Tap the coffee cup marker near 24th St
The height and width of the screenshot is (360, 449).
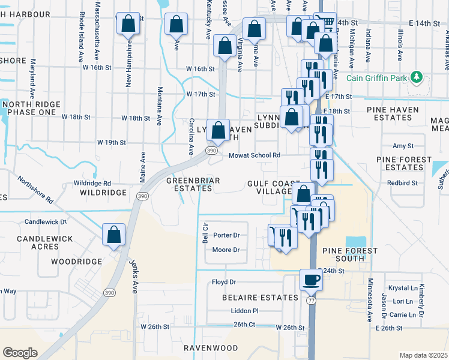(x=312, y=280)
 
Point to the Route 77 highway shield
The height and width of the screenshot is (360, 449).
(x=311, y=298)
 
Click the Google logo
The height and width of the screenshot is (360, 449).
(x=20, y=353)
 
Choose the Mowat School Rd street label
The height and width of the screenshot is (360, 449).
(x=255, y=155)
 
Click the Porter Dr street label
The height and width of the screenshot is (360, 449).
(x=226, y=235)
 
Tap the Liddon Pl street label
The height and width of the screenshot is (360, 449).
(x=244, y=311)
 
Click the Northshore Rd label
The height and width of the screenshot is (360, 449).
(x=35, y=189)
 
